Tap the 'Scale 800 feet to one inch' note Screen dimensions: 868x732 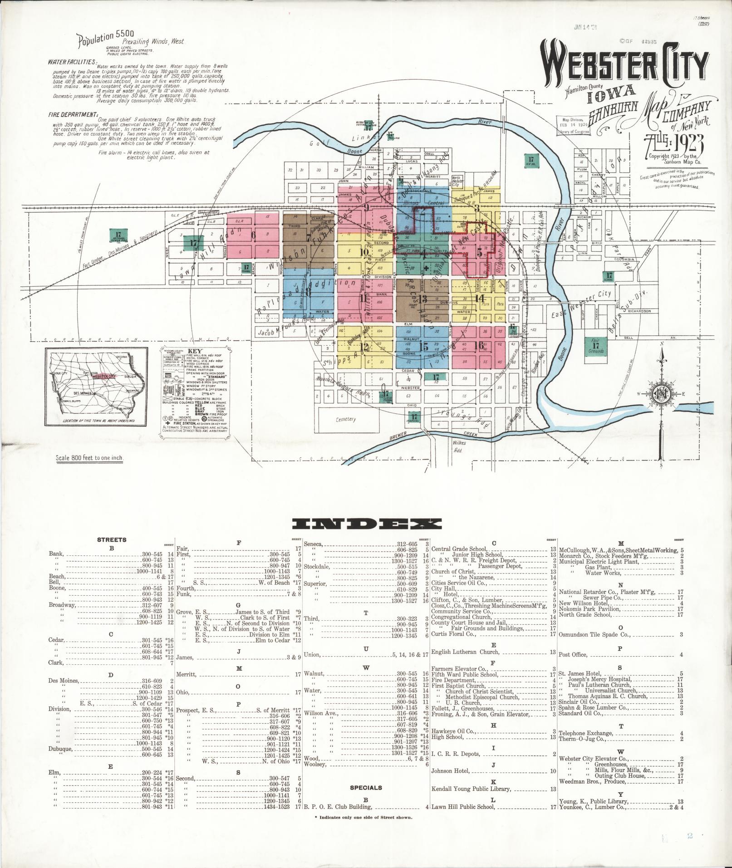click(x=89, y=458)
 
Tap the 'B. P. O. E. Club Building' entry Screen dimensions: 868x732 click(x=338, y=807)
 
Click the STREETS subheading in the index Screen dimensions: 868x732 click(x=112, y=540)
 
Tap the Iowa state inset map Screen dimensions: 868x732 click(x=96, y=387)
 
